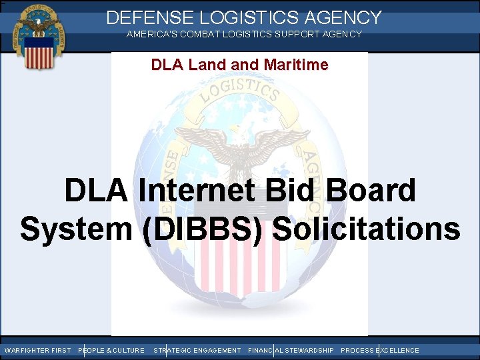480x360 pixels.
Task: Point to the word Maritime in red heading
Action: (x=298, y=65)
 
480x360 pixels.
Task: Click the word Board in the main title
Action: (x=371, y=191)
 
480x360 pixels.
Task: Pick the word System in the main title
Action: (x=75, y=228)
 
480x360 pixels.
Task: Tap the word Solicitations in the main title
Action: (x=367, y=228)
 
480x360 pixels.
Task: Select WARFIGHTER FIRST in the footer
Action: (x=37, y=350)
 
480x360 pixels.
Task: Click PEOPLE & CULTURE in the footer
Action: (x=111, y=350)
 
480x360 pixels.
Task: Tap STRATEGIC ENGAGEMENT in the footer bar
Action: (x=197, y=350)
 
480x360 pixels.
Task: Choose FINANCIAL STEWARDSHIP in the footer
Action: (x=291, y=350)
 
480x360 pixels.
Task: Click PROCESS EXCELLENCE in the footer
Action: (x=380, y=350)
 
